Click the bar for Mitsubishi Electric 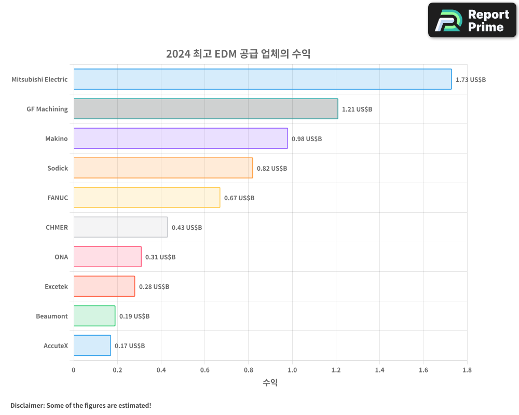pyautogui.click(x=263, y=79)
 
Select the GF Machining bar pyautogui.click(x=206, y=109)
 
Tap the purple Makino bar pyautogui.click(x=181, y=139)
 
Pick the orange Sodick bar pyautogui.click(x=163, y=168)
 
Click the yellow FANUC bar pyautogui.click(x=147, y=198)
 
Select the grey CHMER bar pyautogui.click(x=120, y=227)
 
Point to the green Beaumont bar pyautogui.click(x=94, y=316)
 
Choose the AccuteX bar pyautogui.click(x=92, y=345)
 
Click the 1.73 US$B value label pyautogui.click(x=470, y=80)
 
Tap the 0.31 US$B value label pyautogui.click(x=160, y=257)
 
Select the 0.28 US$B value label pyautogui.click(x=154, y=287)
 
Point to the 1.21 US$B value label pyautogui.click(x=357, y=109)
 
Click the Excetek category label pyautogui.click(x=56, y=287)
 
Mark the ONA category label pyautogui.click(x=61, y=257)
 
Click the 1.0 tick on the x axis pyautogui.click(x=292, y=370)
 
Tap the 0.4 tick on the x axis pyautogui.click(x=161, y=370)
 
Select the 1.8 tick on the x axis pyautogui.click(x=467, y=370)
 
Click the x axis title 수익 pyautogui.click(x=270, y=383)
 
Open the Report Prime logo pyautogui.click(x=472, y=20)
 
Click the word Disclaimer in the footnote pyautogui.click(x=26, y=406)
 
